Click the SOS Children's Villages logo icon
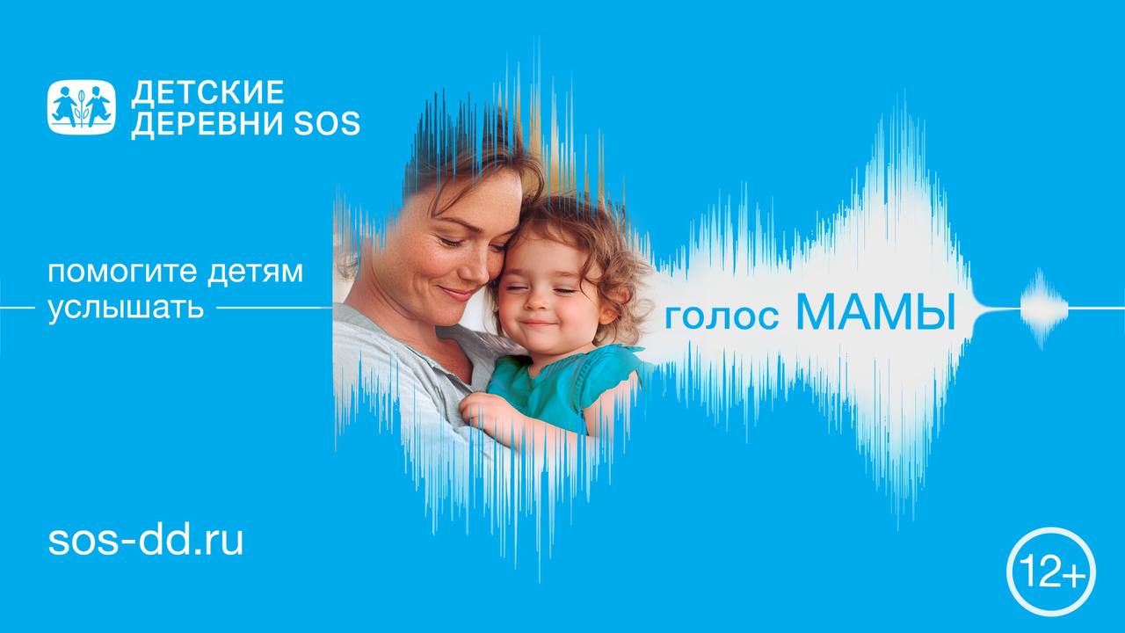(81, 107)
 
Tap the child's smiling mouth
(538, 323)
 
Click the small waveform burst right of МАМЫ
(1043, 309)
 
